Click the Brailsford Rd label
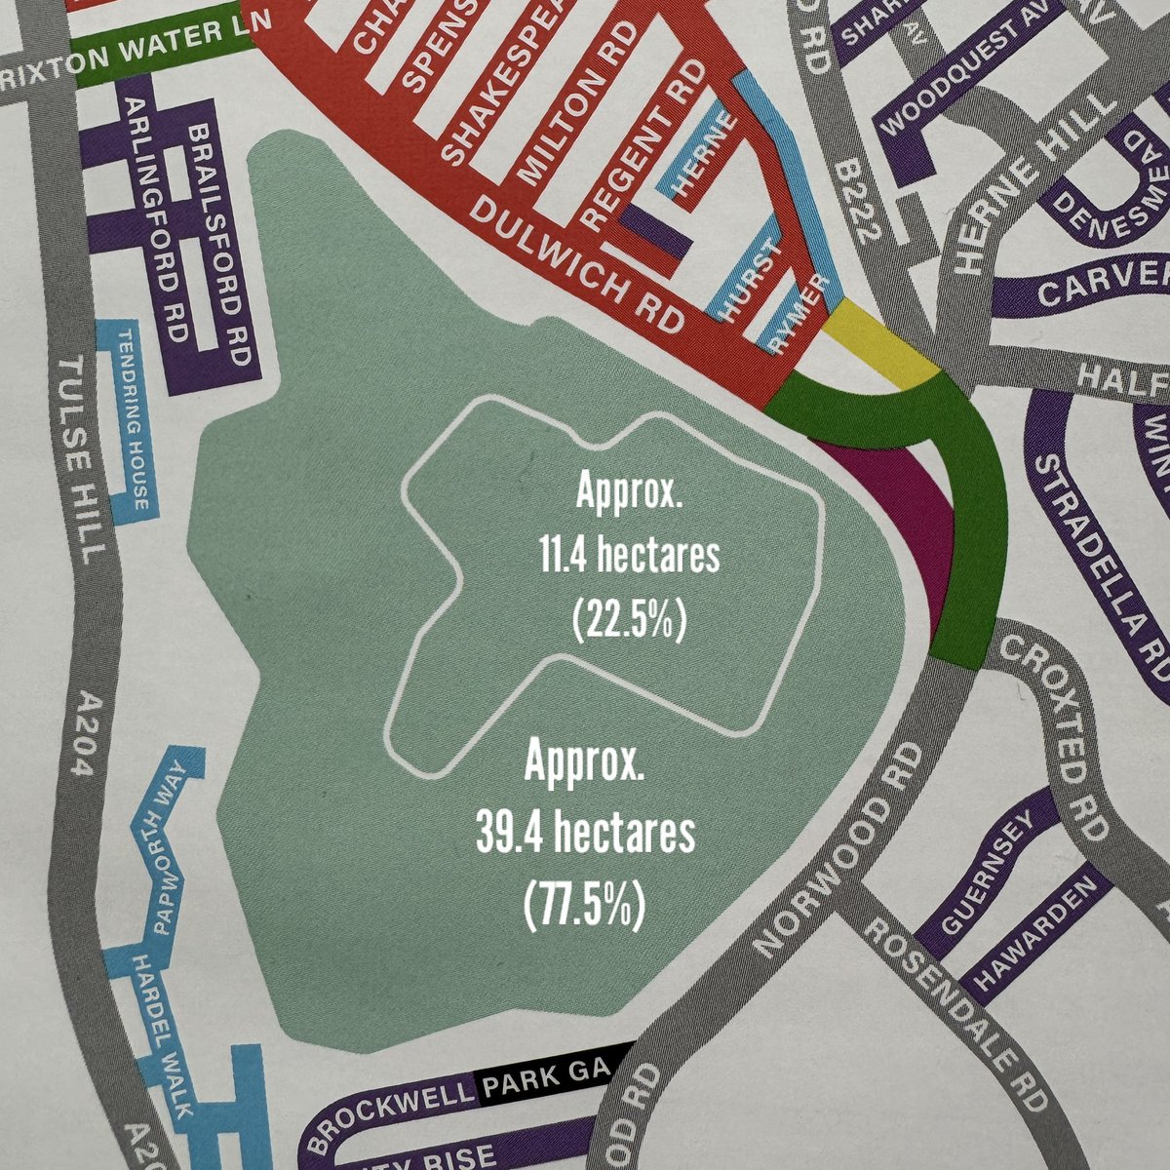coord(219,244)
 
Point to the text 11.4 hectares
coord(629,558)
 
